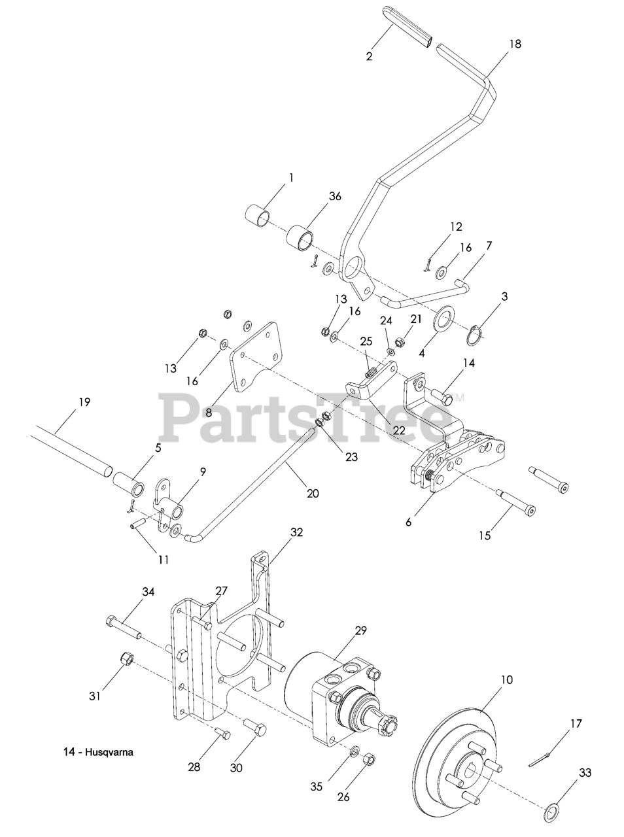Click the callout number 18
(515, 44)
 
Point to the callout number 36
(336, 196)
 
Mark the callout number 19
(84, 402)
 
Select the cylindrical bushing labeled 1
(258, 216)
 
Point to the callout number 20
(313, 493)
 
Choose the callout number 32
(296, 532)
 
